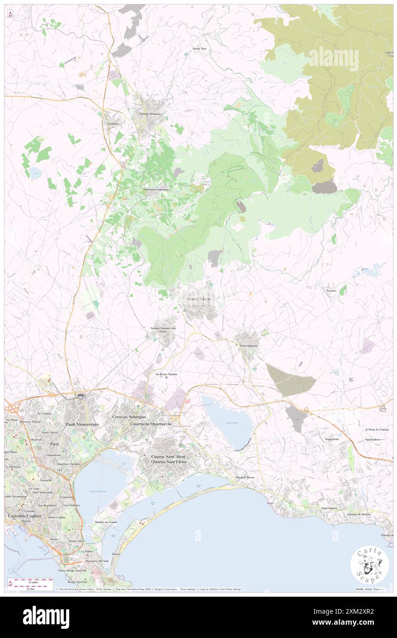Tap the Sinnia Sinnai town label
[x=198, y=299]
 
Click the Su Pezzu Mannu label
[x=165, y=375]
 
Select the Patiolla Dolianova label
[x=151, y=114]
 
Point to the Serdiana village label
[x=113, y=123]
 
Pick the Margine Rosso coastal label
[x=245, y=478]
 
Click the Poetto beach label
[x=116, y=554]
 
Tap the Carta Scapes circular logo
[x=369, y=565]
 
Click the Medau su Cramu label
[x=106, y=522]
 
